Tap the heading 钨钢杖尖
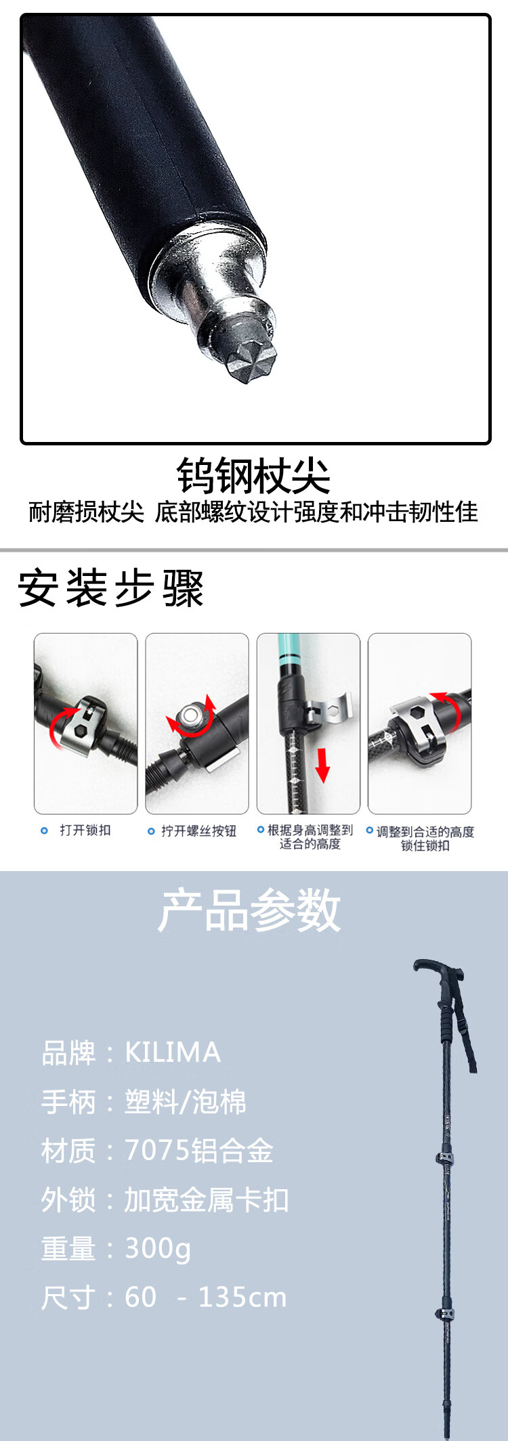[254, 476]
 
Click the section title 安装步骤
[110, 588]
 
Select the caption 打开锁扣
[85, 830]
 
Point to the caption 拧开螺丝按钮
[198, 831]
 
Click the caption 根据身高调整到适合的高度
[310, 837]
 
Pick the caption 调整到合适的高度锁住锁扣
[425, 839]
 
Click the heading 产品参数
[249, 910]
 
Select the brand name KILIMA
[173, 1052]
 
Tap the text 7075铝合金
[198, 1151]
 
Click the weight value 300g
[158, 1249]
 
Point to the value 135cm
[242, 1298]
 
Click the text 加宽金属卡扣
[207, 1200]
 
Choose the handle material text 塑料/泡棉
[186, 1102]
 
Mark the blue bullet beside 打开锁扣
[45, 830]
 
